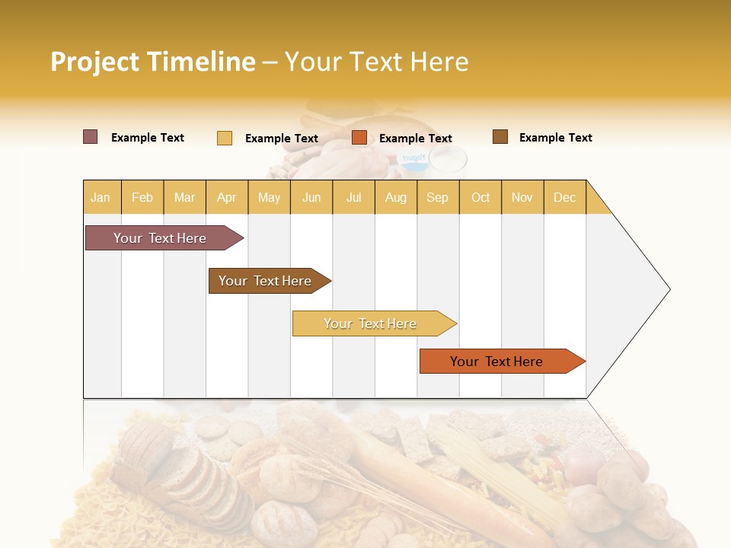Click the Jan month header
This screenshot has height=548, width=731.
pyautogui.click(x=101, y=197)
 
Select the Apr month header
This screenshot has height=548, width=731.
pyautogui.click(x=226, y=197)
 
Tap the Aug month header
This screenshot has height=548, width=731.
pyautogui.click(x=395, y=197)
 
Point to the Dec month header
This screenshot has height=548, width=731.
pyautogui.click(x=564, y=197)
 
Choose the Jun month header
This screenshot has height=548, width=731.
pyautogui.click(x=311, y=197)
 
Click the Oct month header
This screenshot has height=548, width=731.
pyautogui.click(x=480, y=197)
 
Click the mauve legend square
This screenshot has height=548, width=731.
pyautogui.click(x=90, y=137)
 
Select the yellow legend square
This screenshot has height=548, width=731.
pyautogui.click(x=224, y=138)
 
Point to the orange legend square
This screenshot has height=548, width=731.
pyautogui.click(x=359, y=138)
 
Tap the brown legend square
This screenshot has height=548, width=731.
pyautogui.click(x=500, y=137)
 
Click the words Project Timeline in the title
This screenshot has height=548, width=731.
pyautogui.click(x=152, y=62)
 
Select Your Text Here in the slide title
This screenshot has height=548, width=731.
pyautogui.click(x=376, y=62)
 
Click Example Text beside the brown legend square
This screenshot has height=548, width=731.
pyautogui.click(x=555, y=138)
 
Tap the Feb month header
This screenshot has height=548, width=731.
pyautogui.click(x=142, y=197)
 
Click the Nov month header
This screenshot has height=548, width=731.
pyautogui.click(x=522, y=197)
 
